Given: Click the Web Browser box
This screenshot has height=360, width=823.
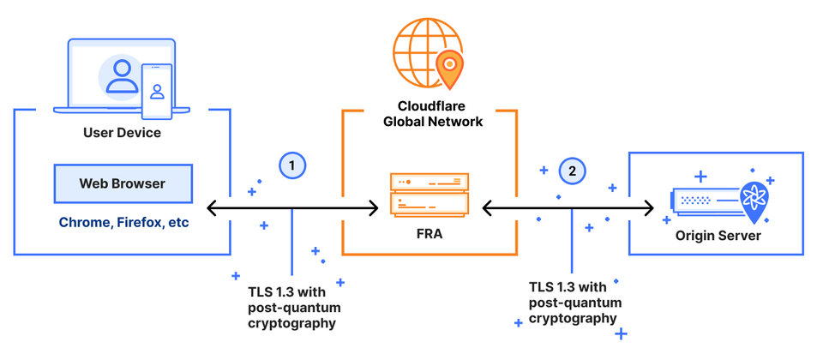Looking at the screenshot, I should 122,183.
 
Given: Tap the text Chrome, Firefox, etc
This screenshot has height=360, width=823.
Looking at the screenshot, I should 123,222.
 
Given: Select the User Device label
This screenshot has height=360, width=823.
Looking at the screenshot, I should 122,133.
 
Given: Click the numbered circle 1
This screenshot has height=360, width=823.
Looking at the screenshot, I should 292,165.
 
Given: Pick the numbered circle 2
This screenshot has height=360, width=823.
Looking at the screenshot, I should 572,171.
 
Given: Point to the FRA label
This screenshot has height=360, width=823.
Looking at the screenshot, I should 430,232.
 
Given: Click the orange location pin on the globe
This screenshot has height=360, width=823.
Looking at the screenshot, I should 448,67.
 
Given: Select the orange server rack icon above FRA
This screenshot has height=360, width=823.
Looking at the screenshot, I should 430,194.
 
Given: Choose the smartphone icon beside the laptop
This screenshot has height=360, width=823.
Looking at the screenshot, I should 157,93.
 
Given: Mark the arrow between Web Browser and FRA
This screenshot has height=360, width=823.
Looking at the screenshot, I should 292,207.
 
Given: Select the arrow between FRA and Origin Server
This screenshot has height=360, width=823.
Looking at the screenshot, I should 568,207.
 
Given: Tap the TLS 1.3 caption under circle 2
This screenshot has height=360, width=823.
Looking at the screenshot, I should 573,302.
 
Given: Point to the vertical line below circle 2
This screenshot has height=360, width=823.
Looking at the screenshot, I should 572,244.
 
